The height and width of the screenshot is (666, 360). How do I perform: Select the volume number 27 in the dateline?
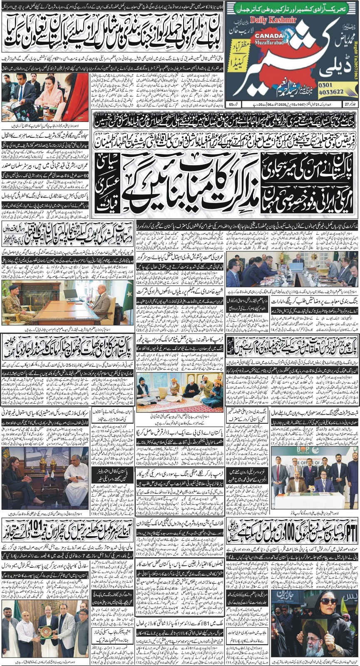click(x=348, y=103)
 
